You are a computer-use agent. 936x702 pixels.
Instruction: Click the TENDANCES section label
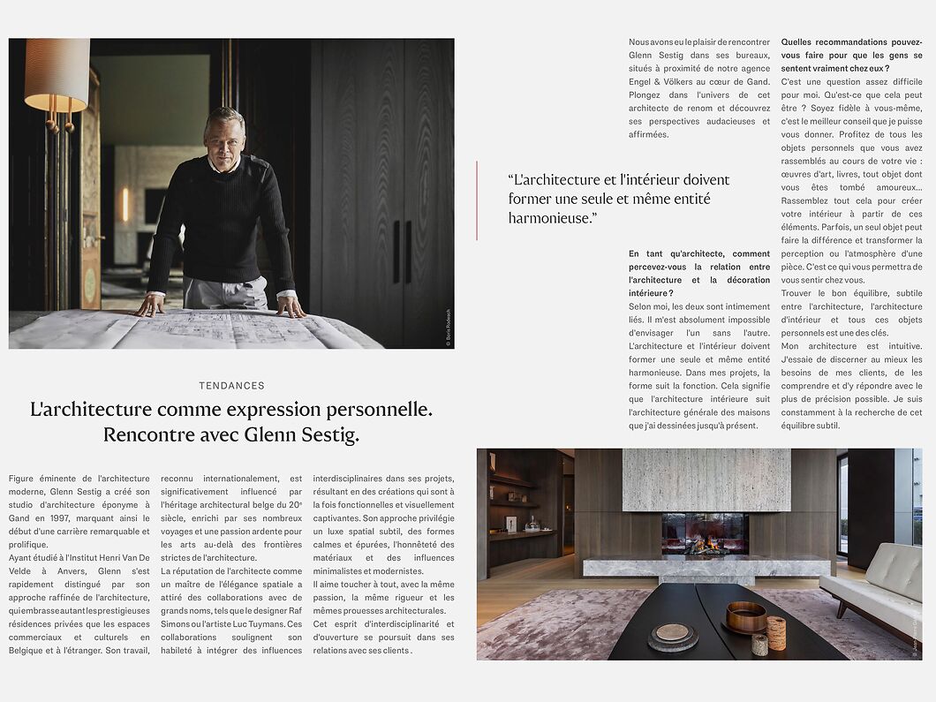point(231,386)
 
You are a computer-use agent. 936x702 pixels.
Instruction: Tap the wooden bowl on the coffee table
point(746,615)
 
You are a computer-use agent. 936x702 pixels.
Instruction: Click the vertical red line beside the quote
point(477,200)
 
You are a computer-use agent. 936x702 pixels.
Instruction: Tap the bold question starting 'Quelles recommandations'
point(851,55)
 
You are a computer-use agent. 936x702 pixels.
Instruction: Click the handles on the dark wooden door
point(402,252)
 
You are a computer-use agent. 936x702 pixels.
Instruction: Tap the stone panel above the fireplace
point(706,479)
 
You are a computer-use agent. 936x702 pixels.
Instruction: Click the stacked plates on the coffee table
point(672,635)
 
